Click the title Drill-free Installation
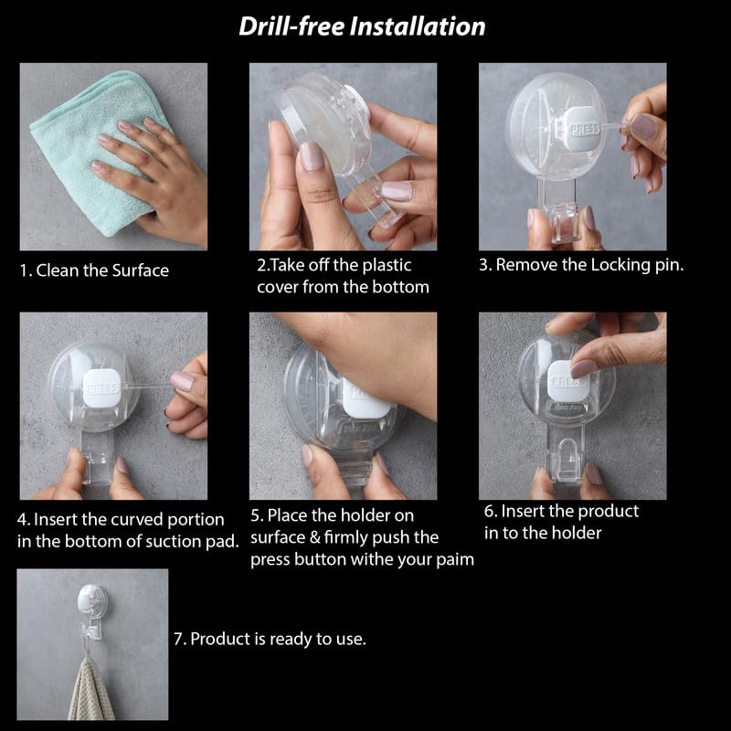362,26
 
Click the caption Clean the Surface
102,270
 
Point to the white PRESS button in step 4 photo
102,387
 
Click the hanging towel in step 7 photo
90,690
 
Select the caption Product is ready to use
279,639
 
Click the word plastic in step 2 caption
387,265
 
